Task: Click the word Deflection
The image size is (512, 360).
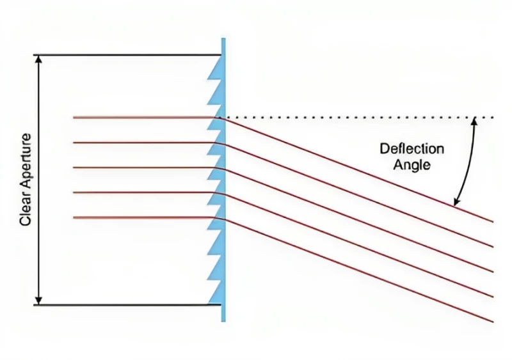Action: (x=412, y=149)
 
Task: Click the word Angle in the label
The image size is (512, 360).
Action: (x=412, y=164)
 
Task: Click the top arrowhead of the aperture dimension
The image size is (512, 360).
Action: (x=40, y=59)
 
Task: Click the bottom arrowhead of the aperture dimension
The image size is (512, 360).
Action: (x=40, y=301)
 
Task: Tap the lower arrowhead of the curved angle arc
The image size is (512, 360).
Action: (x=456, y=203)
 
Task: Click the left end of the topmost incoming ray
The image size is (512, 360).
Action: (x=74, y=118)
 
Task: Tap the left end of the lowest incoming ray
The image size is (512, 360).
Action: (x=74, y=217)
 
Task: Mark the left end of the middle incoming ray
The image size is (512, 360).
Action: (x=74, y=168)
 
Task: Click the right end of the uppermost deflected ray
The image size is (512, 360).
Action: (x=493, y=221)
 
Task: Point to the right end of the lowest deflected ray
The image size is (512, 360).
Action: (x=493, y=321)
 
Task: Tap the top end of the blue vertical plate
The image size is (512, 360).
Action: (x=223, y=40)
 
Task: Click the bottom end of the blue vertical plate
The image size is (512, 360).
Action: (x=223, y=319)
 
